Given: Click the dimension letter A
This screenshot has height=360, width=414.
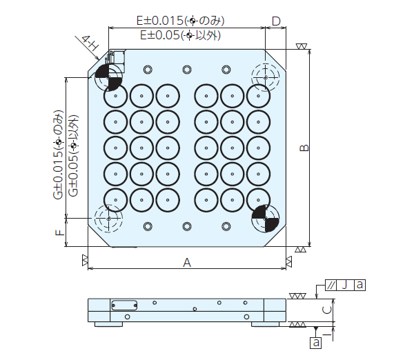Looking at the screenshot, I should (x=186, y=262).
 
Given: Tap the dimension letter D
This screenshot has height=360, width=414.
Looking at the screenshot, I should (x=276, y=21).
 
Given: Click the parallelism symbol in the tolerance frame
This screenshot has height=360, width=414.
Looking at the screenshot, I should (x=332, y=284).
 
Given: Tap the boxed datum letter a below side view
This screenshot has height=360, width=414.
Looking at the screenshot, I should (x=316, y=341).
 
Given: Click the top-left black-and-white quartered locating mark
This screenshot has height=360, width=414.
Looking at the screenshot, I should (x=109, y=78).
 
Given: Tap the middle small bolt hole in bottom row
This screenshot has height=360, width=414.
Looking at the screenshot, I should (x=187, y=226).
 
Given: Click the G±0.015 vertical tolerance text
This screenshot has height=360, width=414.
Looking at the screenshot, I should (x=58, y=155).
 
